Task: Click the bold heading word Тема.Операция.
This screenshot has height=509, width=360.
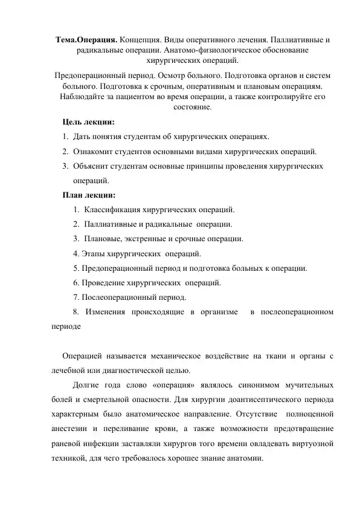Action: (x=86, y=39)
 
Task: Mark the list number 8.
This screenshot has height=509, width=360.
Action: (x=75, y=312)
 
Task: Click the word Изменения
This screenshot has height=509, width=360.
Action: (x=105, y=312)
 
